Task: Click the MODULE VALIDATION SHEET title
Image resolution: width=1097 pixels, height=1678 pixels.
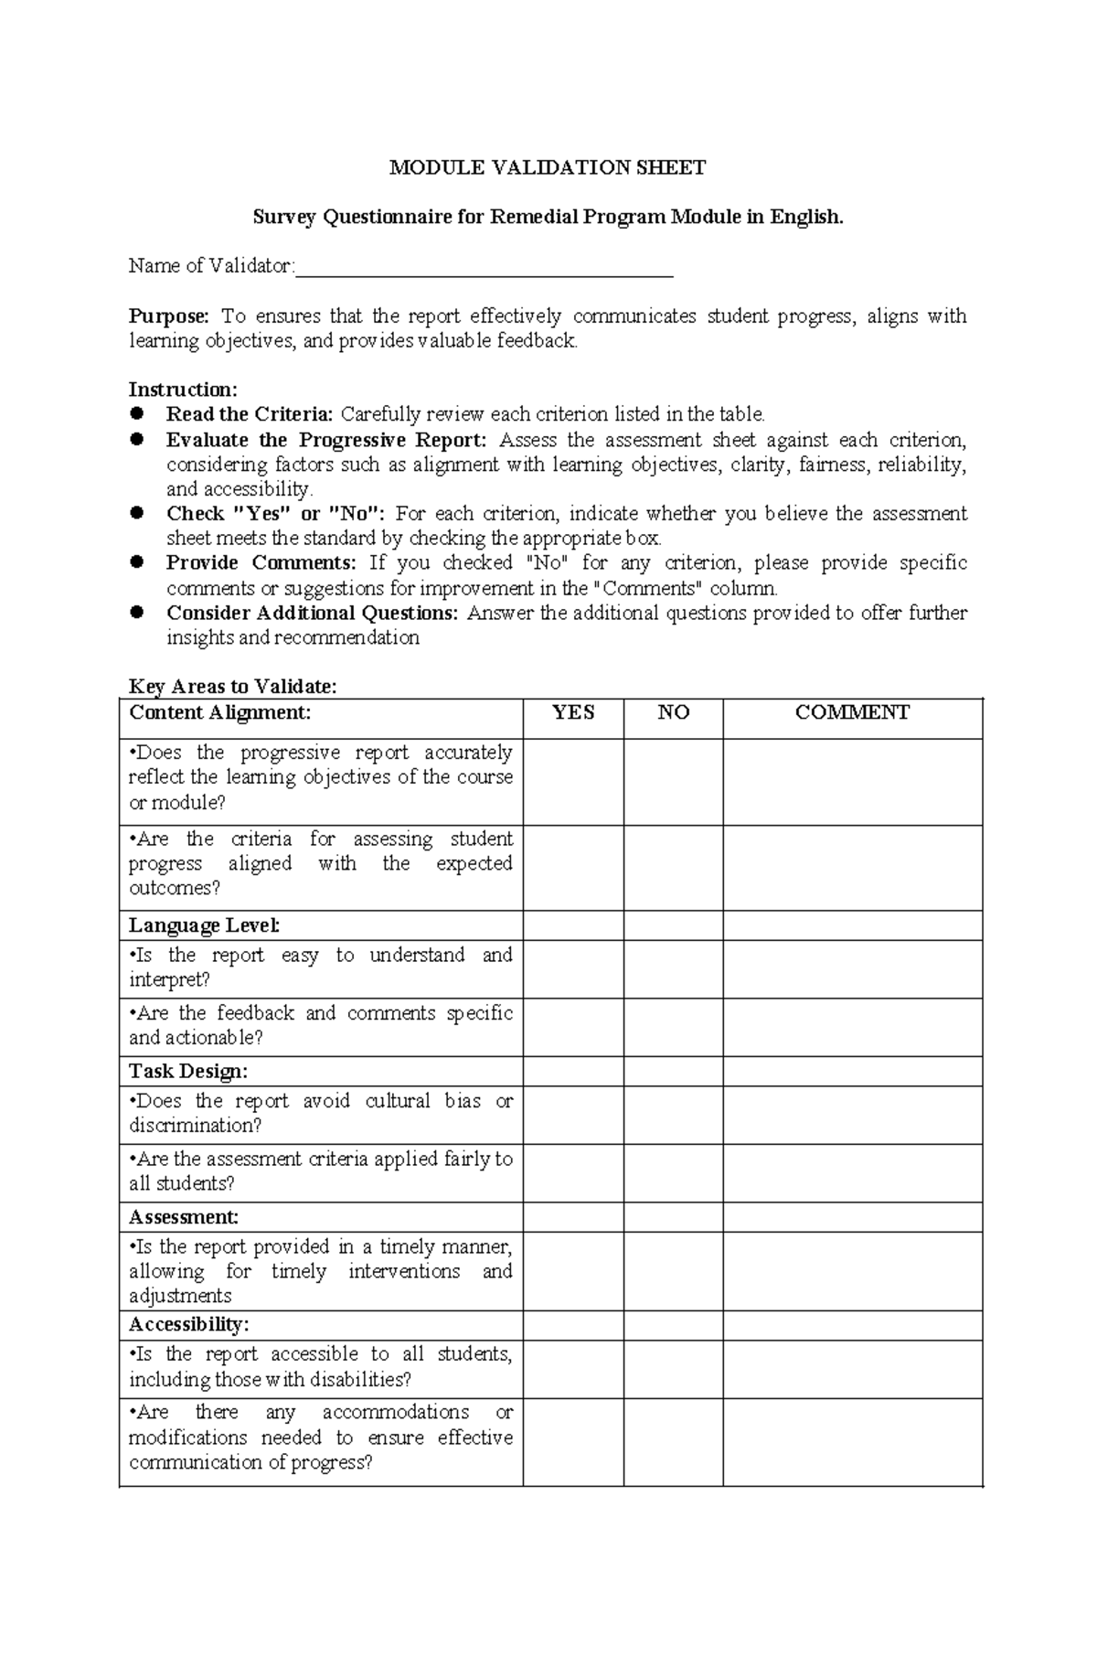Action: [x=548, y=167]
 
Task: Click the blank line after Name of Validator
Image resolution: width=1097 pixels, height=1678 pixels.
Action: [x=485, y=267]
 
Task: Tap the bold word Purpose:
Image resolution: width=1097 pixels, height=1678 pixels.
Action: [x=169, y=316]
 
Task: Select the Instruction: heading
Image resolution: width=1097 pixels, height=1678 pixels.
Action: [x=183, y=390]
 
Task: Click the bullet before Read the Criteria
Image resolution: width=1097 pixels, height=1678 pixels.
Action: [x=137, y=414]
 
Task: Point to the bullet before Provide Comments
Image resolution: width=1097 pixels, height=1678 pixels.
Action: [x=137, y=562]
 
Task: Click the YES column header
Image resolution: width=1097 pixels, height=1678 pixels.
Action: [x=573, y=713]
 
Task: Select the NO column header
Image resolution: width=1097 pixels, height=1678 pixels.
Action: [x=673, y=713]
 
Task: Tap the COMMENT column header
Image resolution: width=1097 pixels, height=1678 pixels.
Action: [x=852, y=713]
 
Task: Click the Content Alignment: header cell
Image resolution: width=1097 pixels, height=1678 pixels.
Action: [x=220, y=713]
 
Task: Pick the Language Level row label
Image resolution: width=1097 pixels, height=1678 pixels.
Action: [x=204, y=925]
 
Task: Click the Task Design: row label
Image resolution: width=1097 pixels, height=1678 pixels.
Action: [x=188, y=1071]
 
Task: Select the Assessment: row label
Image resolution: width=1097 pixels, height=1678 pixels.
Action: [x=184, y=1217]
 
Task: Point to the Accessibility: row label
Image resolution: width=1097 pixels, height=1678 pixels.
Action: [x=189, y=1325]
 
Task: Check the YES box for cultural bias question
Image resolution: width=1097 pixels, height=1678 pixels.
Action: [x=573, y=1115]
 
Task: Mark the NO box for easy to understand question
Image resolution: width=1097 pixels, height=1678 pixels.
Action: [x=673, y=968]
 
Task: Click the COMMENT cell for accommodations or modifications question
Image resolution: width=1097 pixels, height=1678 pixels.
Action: [x=852, y=1441]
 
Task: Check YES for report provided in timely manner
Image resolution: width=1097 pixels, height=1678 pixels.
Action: [x=573, y=1271]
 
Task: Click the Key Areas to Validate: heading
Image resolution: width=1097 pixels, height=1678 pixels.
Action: [x=233, y=687]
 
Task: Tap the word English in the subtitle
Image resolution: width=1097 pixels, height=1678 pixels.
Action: [x=805, y=218]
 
